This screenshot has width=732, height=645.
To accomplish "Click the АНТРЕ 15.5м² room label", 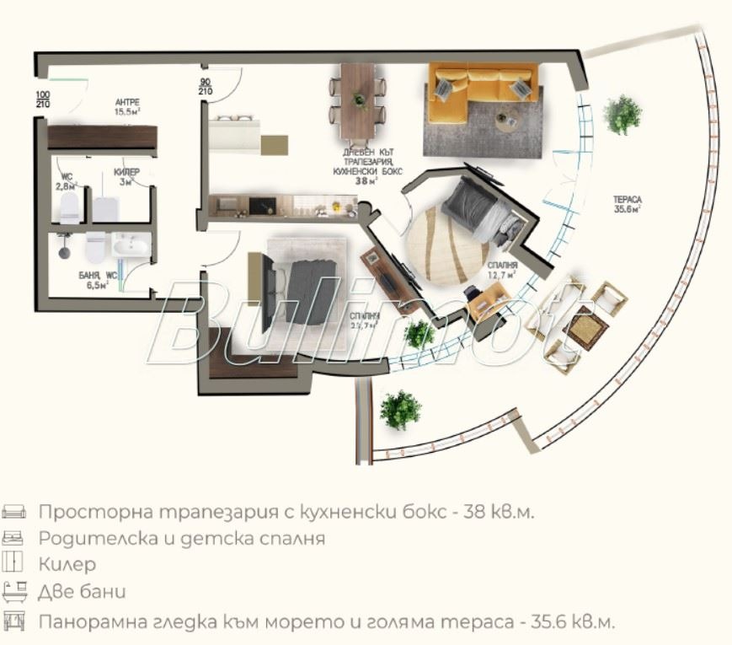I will tap(127, 105).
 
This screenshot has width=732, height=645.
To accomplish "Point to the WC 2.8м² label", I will tap(66, 180).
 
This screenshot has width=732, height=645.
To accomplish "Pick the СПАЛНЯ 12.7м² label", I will tap(501, 269).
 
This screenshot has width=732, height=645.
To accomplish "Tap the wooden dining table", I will tap(357, 101).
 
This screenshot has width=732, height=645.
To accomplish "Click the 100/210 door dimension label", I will tap(42, 99).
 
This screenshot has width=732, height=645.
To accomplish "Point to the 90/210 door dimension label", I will tap(205, 87).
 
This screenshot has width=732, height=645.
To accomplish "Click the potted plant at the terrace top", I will tap(622, 114).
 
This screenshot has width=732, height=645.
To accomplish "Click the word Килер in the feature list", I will tap(67, 564).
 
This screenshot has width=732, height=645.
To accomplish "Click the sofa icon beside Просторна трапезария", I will tap(14, 512).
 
